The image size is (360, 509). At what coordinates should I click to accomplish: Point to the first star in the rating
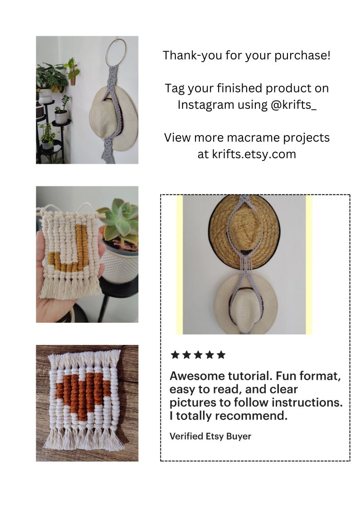[175, 355]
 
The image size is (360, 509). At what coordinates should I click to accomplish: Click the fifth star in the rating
[221, 355]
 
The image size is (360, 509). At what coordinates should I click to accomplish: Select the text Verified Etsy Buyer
[210, 436]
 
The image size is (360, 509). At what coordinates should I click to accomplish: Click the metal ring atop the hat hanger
[116, 53]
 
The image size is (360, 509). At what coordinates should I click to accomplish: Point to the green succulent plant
[118, 222]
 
